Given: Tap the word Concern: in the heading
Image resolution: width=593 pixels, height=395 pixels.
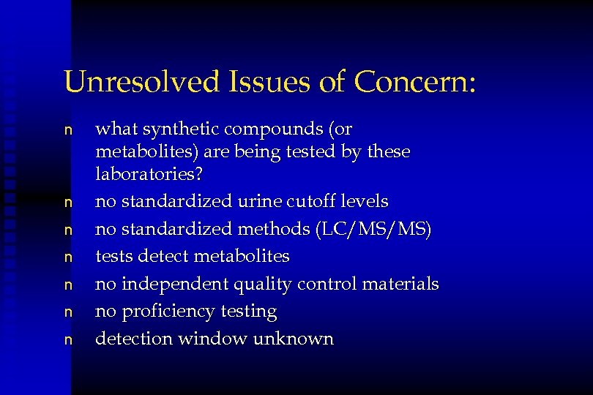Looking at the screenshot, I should tap(415, 81).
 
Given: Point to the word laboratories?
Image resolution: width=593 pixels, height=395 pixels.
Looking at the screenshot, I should tap(149, 175).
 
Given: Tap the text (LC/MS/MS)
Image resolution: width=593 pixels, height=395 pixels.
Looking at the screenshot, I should tap(373, 229).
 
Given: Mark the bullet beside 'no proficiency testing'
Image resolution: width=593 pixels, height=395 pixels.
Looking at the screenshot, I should tap(68, 312).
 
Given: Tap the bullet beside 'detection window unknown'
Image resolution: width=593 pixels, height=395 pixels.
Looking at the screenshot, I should tap(68, 339).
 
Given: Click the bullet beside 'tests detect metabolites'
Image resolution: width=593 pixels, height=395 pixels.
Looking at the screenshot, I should tap(68, 257).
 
